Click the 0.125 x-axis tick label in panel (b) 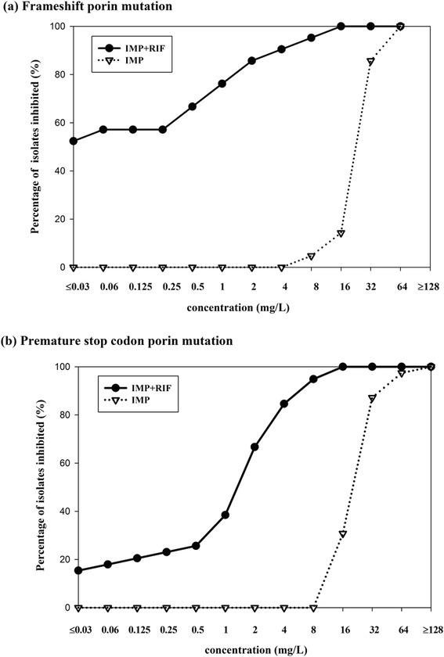[x=136, y=626]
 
